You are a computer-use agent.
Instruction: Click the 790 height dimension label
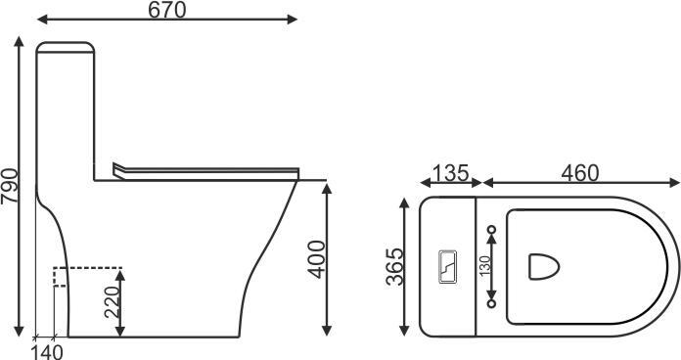click(x=10, y=185)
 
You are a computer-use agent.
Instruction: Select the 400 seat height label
click(x=316, y=259)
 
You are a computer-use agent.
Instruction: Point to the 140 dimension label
click(x=47, y=351)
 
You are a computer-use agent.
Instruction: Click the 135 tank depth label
click(x=449, y=173)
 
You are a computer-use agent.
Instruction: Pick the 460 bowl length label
click(x=580, y=173)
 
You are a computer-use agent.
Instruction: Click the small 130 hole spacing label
click(x=483, y=265)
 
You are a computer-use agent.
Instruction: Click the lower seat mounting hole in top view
click(x=491, y=302)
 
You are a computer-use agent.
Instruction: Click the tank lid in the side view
click(x=65, y=47)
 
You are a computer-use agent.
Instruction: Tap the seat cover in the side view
click(x=205, y=168)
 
